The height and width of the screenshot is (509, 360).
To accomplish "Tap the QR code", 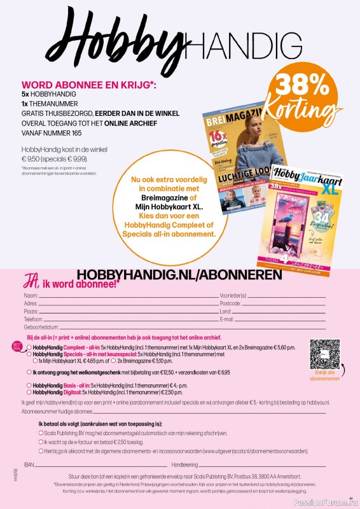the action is tap(325, 354).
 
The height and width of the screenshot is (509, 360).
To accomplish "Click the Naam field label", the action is tap(30, 296).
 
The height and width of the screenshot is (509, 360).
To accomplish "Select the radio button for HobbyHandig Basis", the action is tap(29, 386).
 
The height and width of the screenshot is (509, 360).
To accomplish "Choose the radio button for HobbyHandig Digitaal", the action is tap(29, 393).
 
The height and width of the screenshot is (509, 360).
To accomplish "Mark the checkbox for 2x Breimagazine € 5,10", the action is tap(113, 360).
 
